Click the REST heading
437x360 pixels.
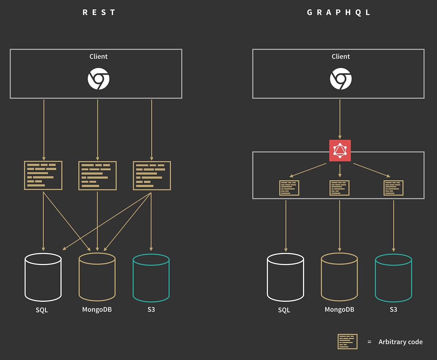point(99,12)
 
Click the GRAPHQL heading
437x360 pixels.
point(339,12)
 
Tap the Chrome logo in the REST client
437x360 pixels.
point(98,79)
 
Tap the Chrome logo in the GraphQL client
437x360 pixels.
point(340,79)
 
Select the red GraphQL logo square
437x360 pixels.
point(340,150)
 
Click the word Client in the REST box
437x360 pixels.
point(98,56)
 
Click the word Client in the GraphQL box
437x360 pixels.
point(340,56)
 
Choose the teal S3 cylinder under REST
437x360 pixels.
point(151,277)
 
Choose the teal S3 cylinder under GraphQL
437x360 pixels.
point(393,277)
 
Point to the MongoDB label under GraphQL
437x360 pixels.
point(339,309)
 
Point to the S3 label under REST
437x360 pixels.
point(151,310)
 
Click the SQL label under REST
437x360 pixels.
point(42,310)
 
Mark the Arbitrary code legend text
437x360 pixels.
point(401,342)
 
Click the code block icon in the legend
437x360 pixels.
point(347,341)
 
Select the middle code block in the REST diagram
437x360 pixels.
point(97,175)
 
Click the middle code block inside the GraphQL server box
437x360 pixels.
point(339,188)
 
